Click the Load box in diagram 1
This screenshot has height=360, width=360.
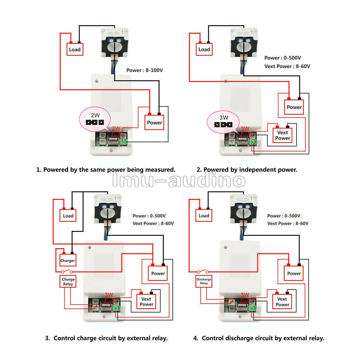coord(75,49)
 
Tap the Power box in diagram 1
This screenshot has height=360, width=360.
coord(154,122)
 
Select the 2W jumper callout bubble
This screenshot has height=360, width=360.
coord(95,120)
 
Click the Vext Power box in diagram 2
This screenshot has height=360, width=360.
coord(283,135)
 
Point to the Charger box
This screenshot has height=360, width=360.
coord(68,260)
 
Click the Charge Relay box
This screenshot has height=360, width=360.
coord(68,282)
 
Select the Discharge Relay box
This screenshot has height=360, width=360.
coord(204,281)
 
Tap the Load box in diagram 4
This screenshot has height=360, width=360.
coord(204,216)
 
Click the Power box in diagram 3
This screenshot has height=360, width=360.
coord(158,273)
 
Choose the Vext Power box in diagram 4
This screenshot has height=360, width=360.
coord(282,302)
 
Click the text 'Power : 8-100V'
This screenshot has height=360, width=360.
coord(145,70)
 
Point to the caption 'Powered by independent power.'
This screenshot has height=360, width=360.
coord(247,170)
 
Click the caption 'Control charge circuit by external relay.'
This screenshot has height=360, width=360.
coord(107,338)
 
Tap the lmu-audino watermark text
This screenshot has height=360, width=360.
coord(179,181)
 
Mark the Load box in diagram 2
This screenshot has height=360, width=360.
coord(204,49)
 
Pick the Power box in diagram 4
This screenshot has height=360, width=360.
coord(294,273)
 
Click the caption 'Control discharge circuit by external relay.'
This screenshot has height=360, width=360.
coord(259,338)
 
